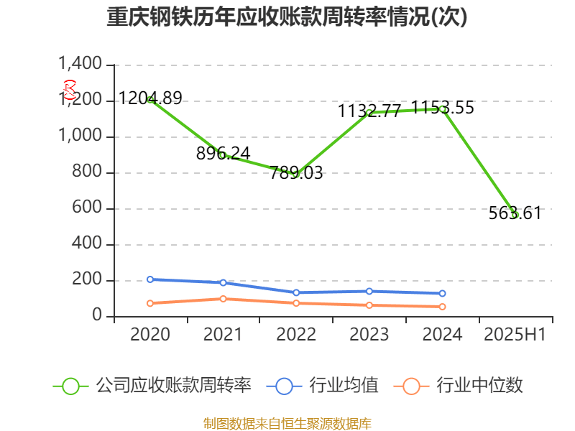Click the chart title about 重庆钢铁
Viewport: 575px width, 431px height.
(287, 17)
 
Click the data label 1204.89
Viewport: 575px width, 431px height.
(150, 98)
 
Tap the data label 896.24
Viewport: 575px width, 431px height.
(224, 153)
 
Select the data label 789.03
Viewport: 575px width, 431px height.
(296, 172)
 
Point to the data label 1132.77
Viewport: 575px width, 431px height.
(369, 111)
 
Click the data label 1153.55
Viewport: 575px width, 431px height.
(443, 108)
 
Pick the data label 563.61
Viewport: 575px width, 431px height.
(515, 213)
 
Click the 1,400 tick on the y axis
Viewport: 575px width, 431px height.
(80, 65)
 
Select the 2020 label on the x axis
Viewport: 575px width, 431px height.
(150, 334)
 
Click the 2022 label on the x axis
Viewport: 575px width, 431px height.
(296, 334)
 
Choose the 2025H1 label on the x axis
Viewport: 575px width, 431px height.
(515, 334)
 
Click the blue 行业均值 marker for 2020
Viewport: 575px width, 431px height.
(150, 279)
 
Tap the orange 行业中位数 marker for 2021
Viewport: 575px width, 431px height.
(224, 299)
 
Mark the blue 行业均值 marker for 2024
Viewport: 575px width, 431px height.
(442, 293)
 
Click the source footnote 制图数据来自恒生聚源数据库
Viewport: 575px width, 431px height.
(287, 423)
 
